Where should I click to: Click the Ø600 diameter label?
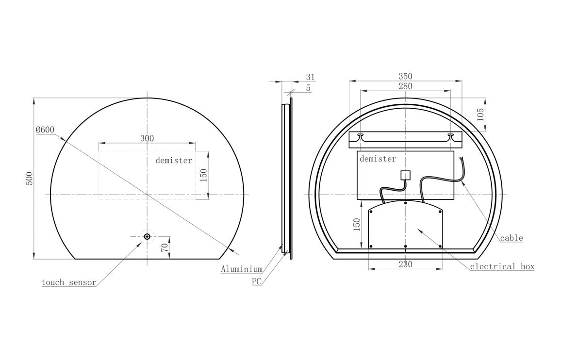pos(45,130)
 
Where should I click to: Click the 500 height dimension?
pos(29,178)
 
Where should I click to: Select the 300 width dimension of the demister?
pos(147,138)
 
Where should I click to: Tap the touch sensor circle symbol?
pos(147,236)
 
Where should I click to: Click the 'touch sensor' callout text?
pos(68,282)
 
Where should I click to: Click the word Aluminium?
pos(242,269)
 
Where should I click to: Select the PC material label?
pos(256,281)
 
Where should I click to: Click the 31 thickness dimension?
pos(310,77)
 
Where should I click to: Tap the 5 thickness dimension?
pos(308,88)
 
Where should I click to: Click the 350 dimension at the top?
pos(405,76)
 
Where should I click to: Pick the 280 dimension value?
pos(405,86)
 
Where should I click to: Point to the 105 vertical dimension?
pos(480,115)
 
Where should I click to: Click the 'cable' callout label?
pos(511,238)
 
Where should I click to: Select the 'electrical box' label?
pos(502,266)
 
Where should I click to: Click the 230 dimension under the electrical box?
pos(405,264)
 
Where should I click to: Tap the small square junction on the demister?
pos(405,176)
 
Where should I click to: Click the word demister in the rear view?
pos(378,159)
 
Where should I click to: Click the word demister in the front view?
pos(174,160)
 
